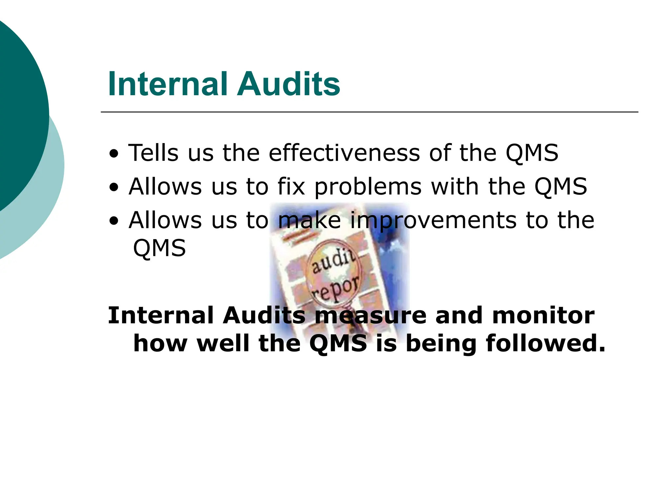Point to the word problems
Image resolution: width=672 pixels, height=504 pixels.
click(368, 187)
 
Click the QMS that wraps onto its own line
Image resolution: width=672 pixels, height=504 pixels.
click(159, 248)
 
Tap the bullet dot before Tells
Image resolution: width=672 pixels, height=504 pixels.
click(114, 154)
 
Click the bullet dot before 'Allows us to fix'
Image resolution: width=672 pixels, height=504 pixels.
click(114, 187)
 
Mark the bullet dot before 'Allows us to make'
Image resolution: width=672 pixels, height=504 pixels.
click(114, 221)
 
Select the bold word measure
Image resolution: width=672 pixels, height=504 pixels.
click(370, 315)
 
